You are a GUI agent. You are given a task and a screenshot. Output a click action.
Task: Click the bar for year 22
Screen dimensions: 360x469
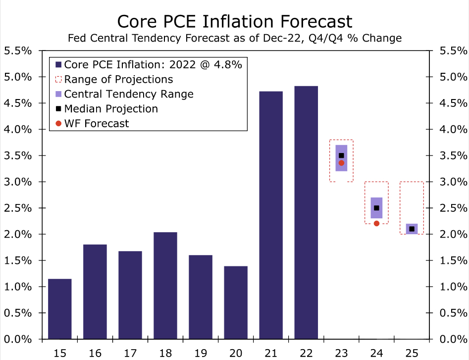[306, 213]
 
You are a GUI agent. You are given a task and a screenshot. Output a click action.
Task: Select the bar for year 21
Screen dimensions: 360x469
[271, 215]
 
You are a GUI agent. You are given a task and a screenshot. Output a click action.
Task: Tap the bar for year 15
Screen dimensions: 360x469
[59, 309]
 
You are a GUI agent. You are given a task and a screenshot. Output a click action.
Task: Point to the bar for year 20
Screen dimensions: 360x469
[236, 303]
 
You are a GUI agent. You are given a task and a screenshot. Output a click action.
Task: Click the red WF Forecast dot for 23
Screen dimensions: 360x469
[341, 163]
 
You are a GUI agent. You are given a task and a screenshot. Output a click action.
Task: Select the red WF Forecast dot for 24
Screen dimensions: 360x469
[376, 223]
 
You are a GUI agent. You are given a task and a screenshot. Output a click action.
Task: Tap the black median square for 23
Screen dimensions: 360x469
[341, 155]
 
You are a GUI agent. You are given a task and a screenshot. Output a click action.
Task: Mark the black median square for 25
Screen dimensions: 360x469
[412, 229]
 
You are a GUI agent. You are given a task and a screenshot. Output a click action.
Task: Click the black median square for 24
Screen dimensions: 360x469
[376, 208]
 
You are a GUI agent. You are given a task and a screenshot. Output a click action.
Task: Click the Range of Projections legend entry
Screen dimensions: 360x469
[118, 79]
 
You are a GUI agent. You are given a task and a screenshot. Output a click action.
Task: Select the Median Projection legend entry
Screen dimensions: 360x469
[111, 108]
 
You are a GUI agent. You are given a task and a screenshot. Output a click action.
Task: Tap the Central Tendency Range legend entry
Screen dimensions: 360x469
[129, 94]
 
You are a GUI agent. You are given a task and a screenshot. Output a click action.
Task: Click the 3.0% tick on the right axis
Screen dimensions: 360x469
[453, 182]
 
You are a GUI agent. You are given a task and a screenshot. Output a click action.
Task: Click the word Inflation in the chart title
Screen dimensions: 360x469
[252, 21]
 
